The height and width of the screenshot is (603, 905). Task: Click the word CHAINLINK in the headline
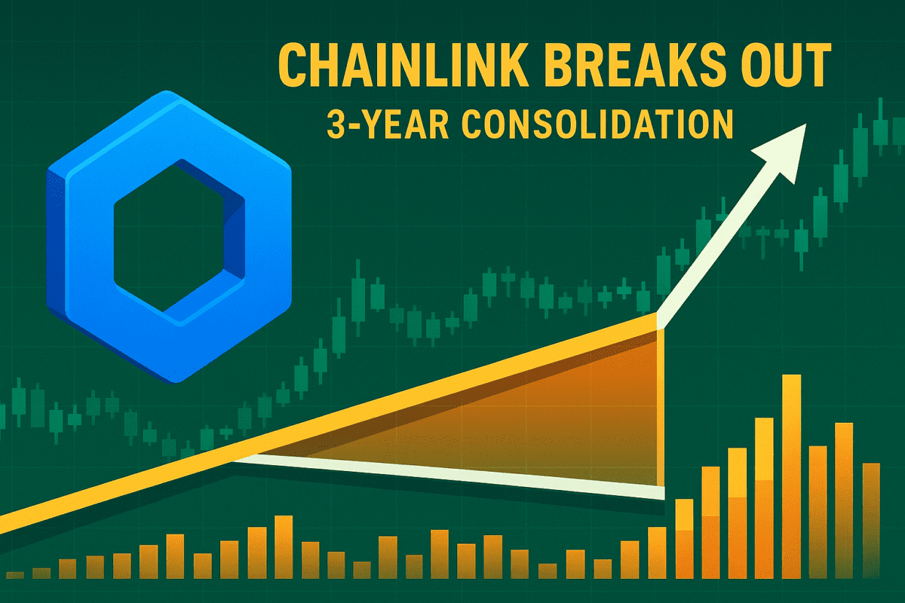(403, 65)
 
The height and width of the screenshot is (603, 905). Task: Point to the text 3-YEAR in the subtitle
(388, 125)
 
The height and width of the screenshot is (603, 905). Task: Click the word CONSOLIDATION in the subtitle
(597, 125)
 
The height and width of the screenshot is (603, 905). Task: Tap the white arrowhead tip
(806, 124)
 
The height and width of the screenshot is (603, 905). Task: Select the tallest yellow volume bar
(792, 476)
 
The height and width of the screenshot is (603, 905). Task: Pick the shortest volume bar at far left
(15, 575)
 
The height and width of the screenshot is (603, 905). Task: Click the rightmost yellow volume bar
(872, 521)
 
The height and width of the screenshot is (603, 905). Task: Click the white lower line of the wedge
(449, 476)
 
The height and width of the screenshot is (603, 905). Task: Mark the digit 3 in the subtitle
(335, 125)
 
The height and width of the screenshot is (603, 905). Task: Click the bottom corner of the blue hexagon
(176, 382)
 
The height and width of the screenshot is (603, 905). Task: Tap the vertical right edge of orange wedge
(661, 408)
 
